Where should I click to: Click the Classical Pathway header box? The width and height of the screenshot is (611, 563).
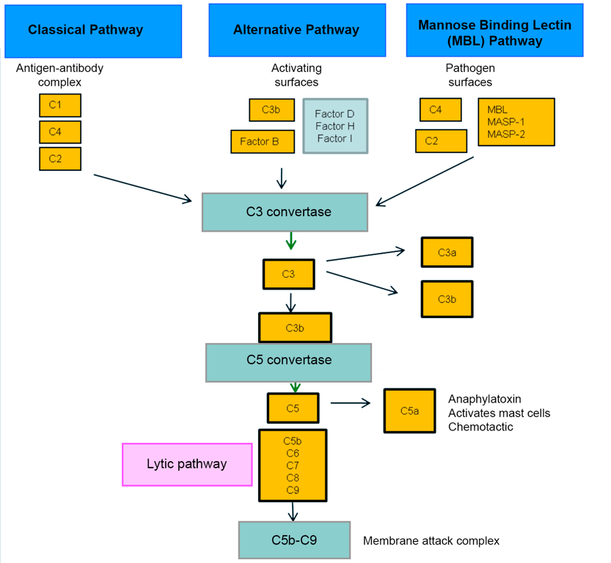click(86, 31)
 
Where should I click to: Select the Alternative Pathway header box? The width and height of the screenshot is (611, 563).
click(296, 31)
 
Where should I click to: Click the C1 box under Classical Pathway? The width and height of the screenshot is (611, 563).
click(60, 106)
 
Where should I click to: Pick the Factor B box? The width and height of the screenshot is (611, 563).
click(259, 141)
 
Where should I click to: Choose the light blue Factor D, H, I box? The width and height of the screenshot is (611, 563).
click(335, 126)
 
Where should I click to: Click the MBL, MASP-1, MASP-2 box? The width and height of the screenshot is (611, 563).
click(516, 122)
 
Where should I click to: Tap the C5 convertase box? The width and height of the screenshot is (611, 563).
click(288, 361)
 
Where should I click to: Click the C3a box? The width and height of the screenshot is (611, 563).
click(447, 252)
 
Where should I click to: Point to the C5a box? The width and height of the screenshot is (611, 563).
click(409, 411)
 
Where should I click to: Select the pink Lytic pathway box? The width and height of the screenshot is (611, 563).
click(186, 464)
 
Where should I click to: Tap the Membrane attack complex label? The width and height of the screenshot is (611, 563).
click(431, 541)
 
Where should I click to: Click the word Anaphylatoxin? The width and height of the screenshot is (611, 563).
click(484, 400)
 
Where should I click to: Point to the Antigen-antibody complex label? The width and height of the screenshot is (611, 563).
click(59, 75)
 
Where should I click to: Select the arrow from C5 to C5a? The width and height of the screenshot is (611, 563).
click(351, 402)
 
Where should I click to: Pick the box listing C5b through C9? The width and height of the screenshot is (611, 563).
click(292, 466)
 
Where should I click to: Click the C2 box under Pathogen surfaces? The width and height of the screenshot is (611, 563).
click(441, 141)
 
